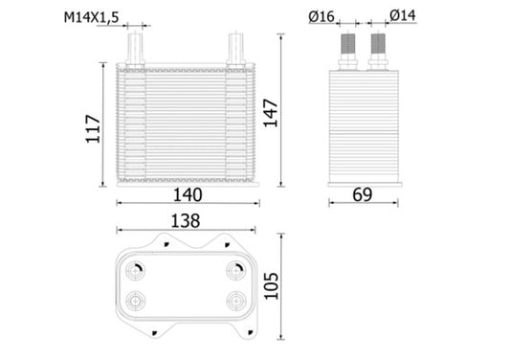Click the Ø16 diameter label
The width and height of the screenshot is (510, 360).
click(322, 15)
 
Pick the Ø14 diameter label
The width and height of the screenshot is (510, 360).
click(403, 15)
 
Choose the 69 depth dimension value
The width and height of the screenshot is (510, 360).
click(362, 194)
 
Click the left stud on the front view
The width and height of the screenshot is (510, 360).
click(136, 49)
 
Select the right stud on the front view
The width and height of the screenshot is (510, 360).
click(235, 49)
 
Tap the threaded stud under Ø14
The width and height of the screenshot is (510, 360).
click(378, 48)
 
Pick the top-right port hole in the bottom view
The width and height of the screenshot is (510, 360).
click(235, 270)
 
